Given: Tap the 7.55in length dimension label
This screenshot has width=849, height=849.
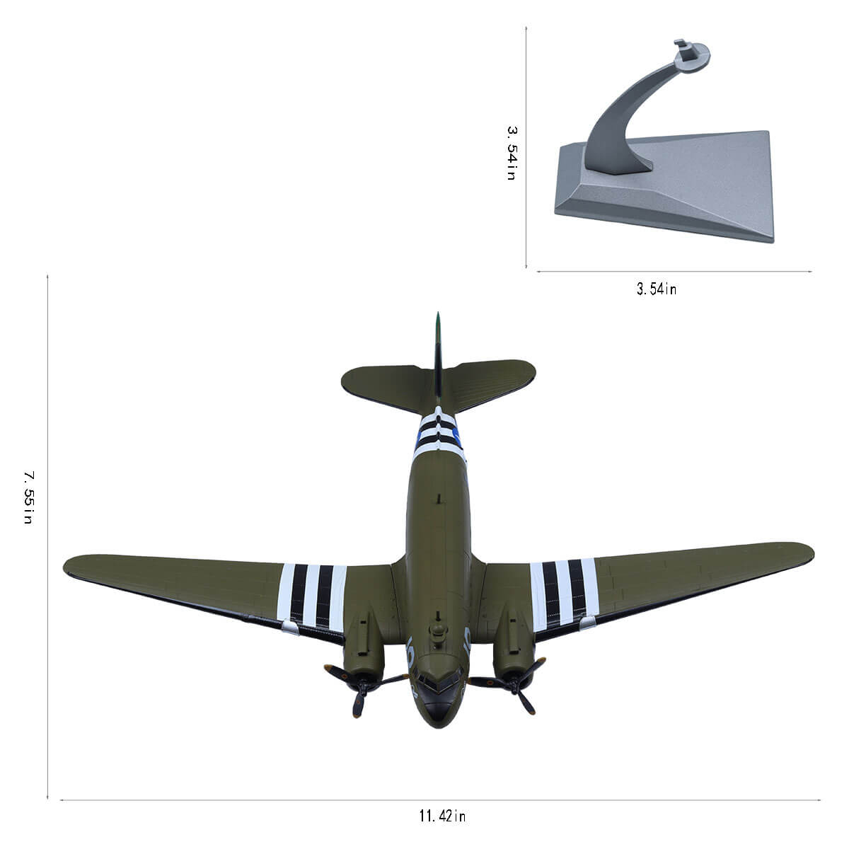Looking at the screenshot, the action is [28, 497].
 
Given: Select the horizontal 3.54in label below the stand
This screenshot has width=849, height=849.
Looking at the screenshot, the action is [657, 289].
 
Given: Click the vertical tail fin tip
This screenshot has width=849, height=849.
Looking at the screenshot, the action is [437, 313].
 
